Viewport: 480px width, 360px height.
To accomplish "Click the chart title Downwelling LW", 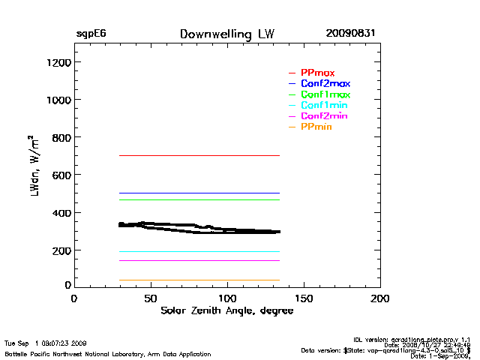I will [x=226, y=34].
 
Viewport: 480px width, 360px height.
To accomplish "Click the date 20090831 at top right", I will [x=350, y=34].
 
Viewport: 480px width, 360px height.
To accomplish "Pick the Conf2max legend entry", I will [x=325, y=83].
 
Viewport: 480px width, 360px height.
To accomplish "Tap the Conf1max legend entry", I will [x=325, y=94].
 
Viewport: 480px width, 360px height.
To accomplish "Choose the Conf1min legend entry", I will [x=324, y=106].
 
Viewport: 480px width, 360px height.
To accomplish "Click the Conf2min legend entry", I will [x=324, y=116].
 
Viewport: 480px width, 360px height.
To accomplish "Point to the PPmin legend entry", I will [x=316, y=127].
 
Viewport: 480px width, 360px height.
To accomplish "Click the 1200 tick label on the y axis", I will [x=57, y=62].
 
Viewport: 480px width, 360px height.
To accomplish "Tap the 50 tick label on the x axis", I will [x=151, y=298].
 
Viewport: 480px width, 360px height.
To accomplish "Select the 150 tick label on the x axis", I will [x=304, y=298].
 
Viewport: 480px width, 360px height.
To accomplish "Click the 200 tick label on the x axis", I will [x=381, y=298].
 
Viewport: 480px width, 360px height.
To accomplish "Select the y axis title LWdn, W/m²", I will [x=34, y=165].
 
